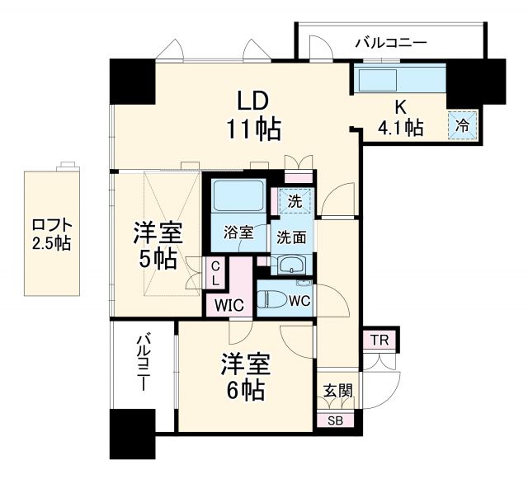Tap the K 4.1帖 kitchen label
pos(401,118)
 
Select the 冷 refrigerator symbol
pos(463,126)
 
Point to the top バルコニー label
pos(391,41)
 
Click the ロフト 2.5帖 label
pos(51,233)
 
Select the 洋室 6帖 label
pos(242,376)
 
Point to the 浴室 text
pos(239,233)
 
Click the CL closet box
pos(214,272)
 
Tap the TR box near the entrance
pos(379,340)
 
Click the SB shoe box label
pos(335,420)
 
